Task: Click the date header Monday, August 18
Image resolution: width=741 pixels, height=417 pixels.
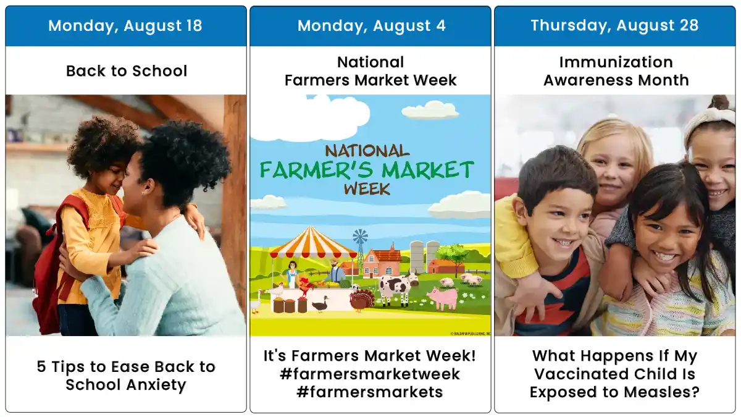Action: coord(125,26)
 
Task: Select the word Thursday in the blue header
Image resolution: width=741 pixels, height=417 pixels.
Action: coord(571,26)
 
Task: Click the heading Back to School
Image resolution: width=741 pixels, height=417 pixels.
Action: coord(127,71)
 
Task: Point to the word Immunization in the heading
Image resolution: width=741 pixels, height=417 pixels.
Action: coord(616,62)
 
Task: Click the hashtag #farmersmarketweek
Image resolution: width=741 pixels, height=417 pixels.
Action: coord(370,374)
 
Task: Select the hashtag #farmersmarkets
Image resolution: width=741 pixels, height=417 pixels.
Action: coord(370,392)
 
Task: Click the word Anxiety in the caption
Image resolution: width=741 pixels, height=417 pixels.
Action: coord(156,385)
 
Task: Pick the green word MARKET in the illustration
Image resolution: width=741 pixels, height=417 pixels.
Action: coord(428,170)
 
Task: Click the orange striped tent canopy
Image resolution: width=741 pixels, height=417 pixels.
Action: coord(312,243)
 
